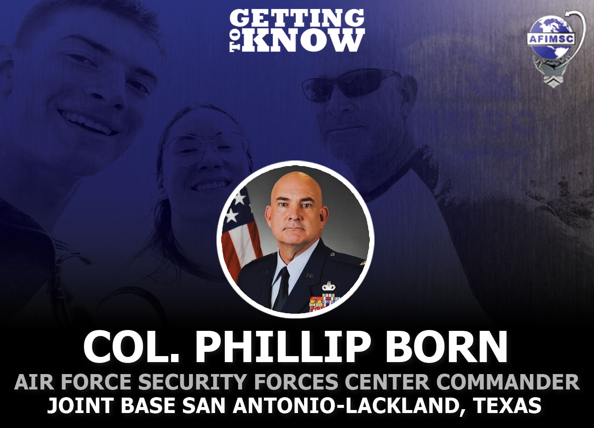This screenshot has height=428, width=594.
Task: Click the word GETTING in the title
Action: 297,18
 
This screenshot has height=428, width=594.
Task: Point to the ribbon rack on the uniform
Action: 325,302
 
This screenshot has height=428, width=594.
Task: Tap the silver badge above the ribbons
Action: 328,286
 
